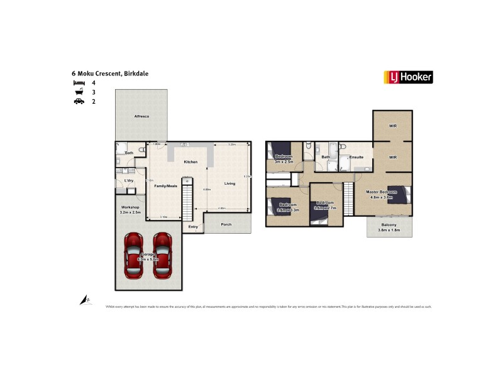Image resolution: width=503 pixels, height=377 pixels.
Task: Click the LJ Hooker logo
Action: pos(408,77)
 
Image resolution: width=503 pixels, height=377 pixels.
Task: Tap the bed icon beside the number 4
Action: pos(79,83)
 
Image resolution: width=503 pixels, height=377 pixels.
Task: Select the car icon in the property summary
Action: pos(79,101)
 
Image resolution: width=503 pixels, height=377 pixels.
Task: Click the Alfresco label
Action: pos(141,116)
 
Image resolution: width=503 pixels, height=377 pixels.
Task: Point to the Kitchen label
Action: pos(191,161)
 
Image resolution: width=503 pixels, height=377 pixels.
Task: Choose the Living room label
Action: pos(230,183)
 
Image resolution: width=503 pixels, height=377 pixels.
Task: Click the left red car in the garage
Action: pos(133,256)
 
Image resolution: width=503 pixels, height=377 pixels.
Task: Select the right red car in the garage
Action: pos(163,256)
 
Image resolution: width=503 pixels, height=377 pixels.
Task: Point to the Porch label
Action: pos(226,224)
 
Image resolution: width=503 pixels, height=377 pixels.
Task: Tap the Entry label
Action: pos(193,227)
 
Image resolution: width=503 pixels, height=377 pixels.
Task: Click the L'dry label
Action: pos(129,181)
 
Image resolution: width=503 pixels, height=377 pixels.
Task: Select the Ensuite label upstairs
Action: pos(357,156)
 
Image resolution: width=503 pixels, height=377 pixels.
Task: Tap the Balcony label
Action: pos(389,224)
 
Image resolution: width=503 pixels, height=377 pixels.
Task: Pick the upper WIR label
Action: pos(393,126)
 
